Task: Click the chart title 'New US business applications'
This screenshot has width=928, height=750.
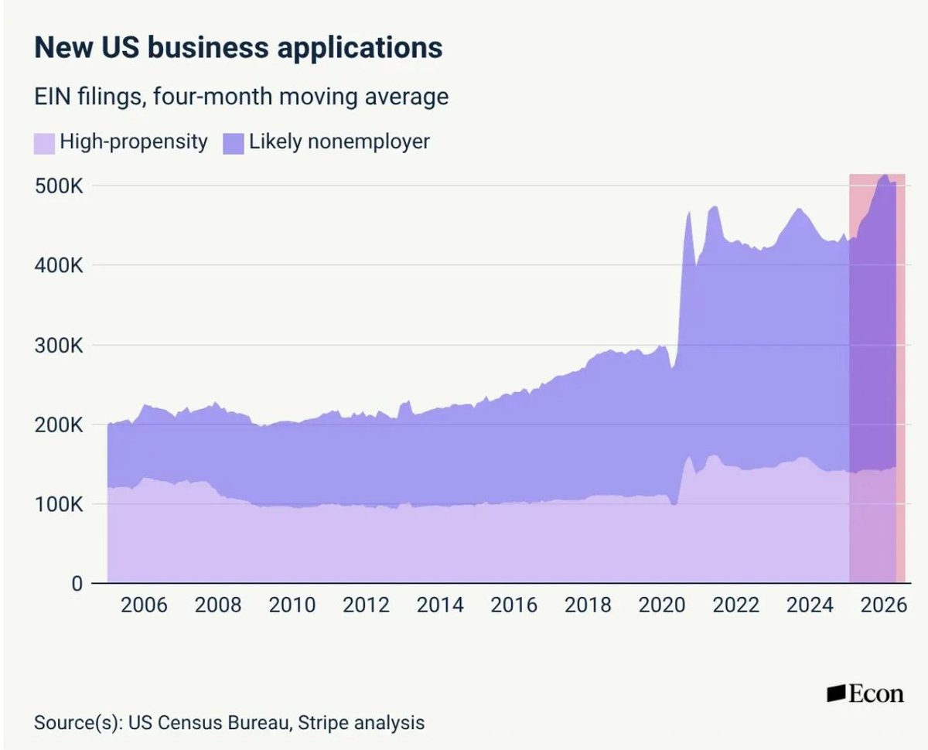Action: pyautogui.click(x=238, y=48)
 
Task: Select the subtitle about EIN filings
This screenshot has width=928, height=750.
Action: pyautogui.click(x=241, y=97)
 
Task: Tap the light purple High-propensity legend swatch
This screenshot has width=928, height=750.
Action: pyautogui.click(x=44, y=144)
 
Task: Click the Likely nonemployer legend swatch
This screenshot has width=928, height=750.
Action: pyautogui.click(x=234, y=144)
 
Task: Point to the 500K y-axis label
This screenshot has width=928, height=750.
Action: pyautogui.click(x=59, y=186)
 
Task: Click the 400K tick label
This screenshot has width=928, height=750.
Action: pyautogui.click(x=59, y=265)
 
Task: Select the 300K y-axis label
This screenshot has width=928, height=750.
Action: pyautogui.click(x=59, y=346)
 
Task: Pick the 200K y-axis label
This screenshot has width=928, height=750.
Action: pyautogui.click(x=59, y=424)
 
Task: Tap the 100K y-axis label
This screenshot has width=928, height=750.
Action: pyautogui.click(x=59, y=504)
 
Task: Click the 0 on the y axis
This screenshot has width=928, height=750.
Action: pyautogui.click(x=77, y=584)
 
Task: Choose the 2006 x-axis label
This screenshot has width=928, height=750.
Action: pyautogui.click(x=144, y=605)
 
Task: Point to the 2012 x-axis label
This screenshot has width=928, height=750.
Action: pyautogui.click(x=366, y=605)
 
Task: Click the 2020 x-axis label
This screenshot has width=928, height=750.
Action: pyautogui.click(x=662, y=605)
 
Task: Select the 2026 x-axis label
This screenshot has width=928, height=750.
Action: pyautogui.click(x=884, y=605)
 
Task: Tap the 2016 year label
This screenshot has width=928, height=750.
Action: pyautogui.click(x=514, y=605)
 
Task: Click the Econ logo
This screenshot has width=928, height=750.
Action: pyautogui.click(x=865, y=694)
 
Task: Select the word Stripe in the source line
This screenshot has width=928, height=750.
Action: pyautogui.click(x=322, y=723)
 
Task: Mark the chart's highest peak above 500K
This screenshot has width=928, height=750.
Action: pyautogui.click(x=885, y=175)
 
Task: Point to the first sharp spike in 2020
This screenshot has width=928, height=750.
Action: pyautogui.click(x=689, y=213)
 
